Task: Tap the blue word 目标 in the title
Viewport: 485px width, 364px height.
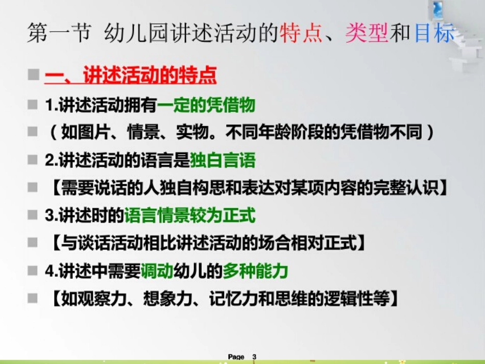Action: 434,33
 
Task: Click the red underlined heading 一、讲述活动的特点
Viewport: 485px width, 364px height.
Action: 131,77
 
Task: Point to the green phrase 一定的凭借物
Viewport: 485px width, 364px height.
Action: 206,106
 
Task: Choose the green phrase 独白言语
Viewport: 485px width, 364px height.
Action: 223,160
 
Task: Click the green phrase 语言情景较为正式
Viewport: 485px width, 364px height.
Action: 190,215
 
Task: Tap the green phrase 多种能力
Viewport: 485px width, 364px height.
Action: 255,271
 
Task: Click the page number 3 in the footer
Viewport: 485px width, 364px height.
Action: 254,356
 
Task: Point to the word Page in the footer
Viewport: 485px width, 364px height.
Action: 236,356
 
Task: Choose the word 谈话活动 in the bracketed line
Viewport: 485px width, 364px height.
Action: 109,244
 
